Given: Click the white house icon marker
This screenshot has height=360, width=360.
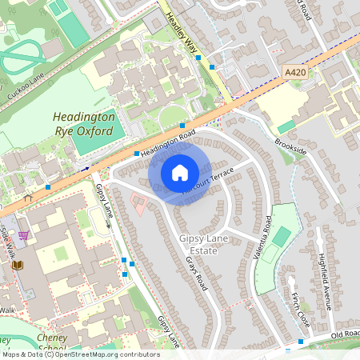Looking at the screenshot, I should click(x=180, y=172).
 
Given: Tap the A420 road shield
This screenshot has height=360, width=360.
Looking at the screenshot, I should click(x=296, y=72).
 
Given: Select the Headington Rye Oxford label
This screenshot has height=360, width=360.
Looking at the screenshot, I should click(x=84, y=123).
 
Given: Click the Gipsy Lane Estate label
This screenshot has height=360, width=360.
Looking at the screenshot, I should click(x=206, y=245).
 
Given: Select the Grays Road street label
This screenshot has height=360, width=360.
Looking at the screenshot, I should click(x=197, y=284).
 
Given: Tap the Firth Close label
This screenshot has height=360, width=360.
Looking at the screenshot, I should click(x=300, y=308).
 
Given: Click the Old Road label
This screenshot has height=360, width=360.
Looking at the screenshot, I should click(x=345, y=332).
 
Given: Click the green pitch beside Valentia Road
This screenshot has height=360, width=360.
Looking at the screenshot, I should click(x=282, y=237).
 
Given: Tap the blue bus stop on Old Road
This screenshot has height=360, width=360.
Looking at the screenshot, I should click(x=300, y=342).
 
